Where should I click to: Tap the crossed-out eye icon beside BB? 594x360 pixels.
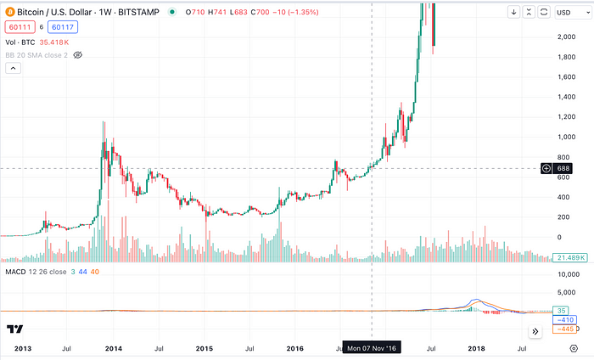[x=77, y=54]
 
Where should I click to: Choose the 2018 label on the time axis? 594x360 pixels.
[x=477, y=348]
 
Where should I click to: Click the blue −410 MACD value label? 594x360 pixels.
[x=563, y=320]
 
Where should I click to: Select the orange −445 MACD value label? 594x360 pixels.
[x=563, y=329]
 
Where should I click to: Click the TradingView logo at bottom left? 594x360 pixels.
[x=14, y=329]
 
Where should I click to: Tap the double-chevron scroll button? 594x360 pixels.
[x=535, y=331]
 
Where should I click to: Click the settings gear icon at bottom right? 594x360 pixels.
[x=574, y=348]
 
